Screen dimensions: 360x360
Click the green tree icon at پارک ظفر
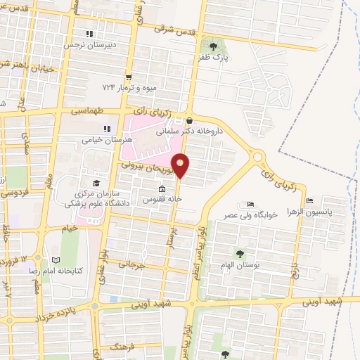pos(224,46)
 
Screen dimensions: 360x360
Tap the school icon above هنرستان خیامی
pos(108,129)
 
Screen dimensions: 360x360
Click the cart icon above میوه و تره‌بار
pos(128,77)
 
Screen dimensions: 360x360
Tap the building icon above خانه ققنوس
pos(162,188)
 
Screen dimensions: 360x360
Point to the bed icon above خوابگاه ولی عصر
pos(252,204)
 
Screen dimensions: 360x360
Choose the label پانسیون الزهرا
pos(330,210)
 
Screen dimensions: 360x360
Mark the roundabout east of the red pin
pos(258,156)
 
